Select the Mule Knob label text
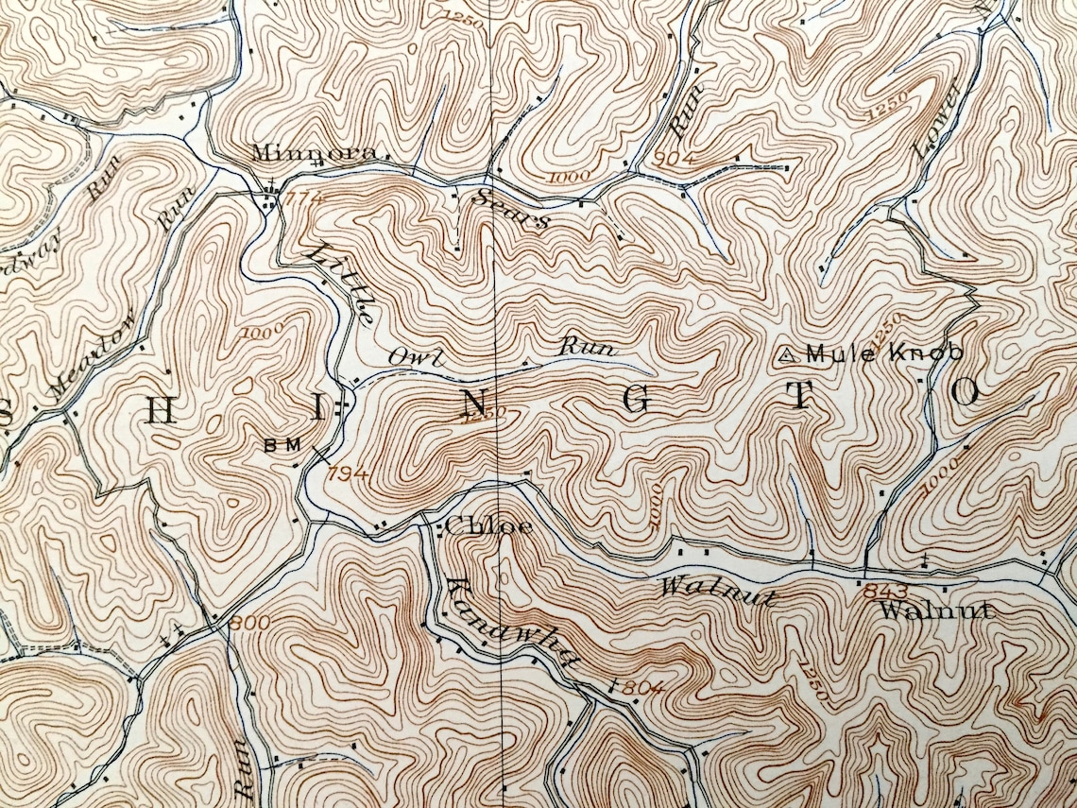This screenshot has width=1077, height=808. click(x=883, y=353)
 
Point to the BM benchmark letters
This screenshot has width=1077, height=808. click(x=282, y=444)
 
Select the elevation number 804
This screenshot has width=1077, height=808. click(x=642, y=687)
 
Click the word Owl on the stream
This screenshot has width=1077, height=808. click(x=403, y=356)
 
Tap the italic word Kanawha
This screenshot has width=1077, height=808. click(x=510, y=624)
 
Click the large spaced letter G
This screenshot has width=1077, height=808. click(x=635, y=401)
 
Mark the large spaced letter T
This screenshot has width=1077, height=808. click(x=800, y=398)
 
